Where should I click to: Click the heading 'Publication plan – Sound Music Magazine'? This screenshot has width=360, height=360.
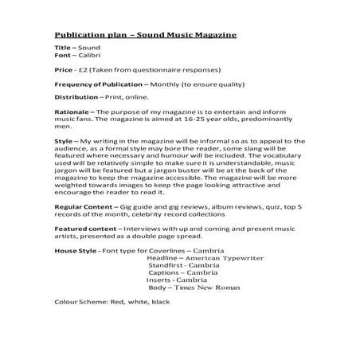(145, 36)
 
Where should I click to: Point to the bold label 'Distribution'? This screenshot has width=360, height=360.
(76, 97)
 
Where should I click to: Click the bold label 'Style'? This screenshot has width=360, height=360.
(64, 141)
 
